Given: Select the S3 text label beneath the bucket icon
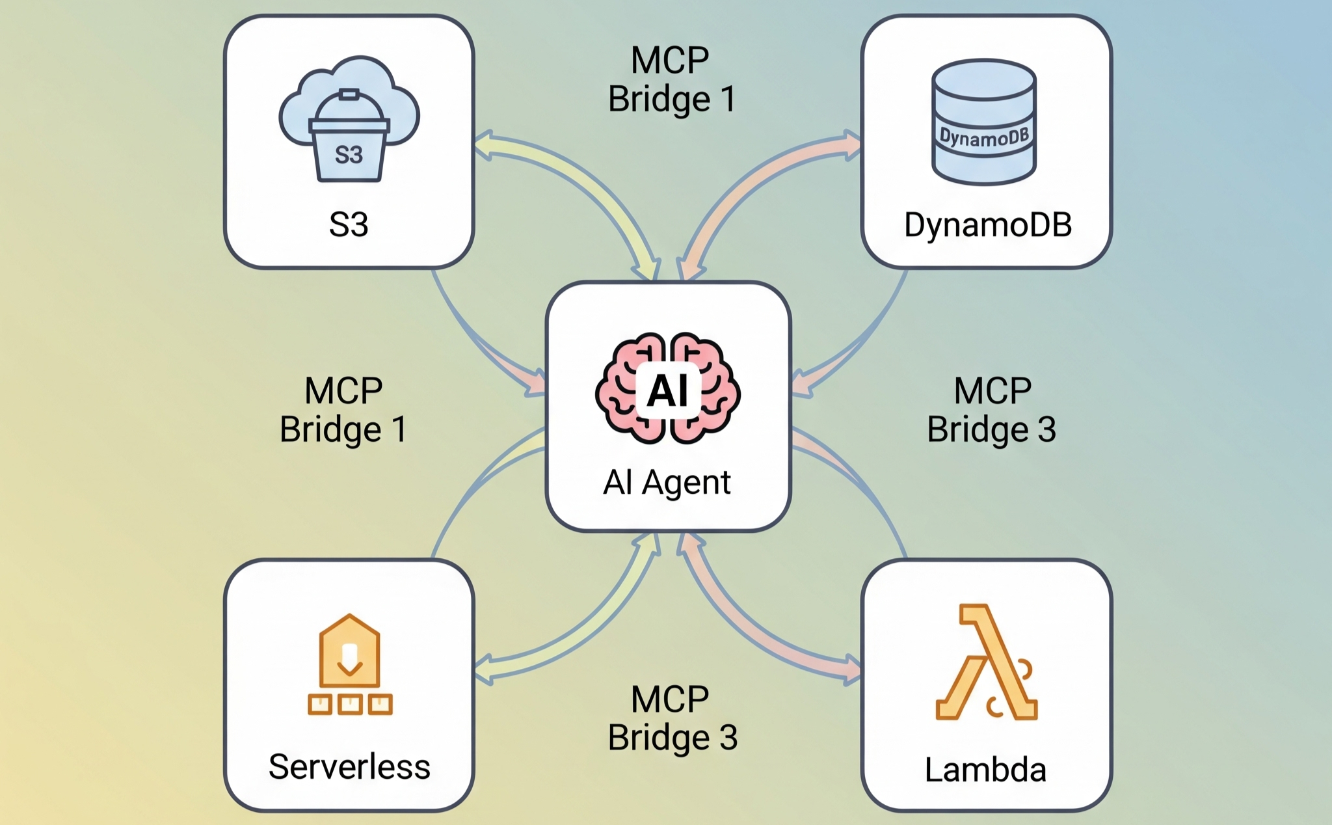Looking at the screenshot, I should click(x=349, y=224).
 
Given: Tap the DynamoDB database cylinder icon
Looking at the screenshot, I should click(x=984, y=122).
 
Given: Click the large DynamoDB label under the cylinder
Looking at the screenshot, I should click(x=987, y=224).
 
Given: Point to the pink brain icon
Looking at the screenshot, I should click(x=668, y=388).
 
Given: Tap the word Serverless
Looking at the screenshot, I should click(x=349, y=766).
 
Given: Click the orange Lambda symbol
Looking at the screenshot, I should click(x=986, y=662).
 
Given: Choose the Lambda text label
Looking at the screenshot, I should click(x=985, y=770).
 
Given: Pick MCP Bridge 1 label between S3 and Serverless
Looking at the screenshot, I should click(x=343, y=410).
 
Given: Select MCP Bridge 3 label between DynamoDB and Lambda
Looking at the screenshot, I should click(x=992, y=410).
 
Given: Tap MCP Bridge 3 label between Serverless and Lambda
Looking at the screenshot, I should click(x=673, y=718).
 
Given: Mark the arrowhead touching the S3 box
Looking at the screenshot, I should click(x=484, y=146).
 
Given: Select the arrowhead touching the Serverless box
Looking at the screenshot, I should click(x=484, y=670).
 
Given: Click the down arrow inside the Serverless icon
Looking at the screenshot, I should click(x=350, y=659).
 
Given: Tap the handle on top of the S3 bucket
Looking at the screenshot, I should click(x=349, y=96).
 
